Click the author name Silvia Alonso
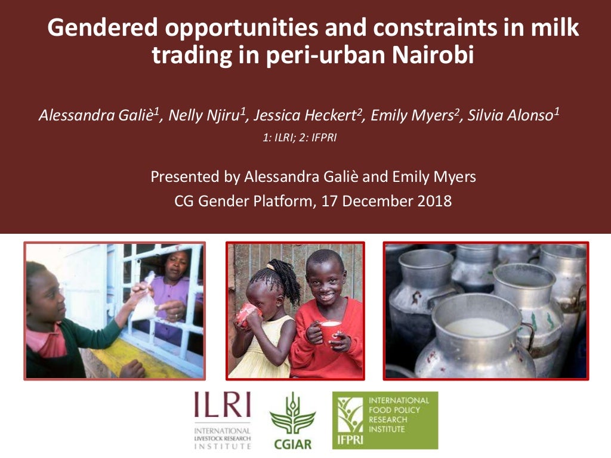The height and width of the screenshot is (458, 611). [x=513, y=116]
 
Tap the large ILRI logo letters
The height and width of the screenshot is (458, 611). [x=222, y=407]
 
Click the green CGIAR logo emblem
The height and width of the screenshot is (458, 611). [x=292, y=413]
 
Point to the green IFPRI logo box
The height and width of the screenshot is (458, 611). [x=385, y=420]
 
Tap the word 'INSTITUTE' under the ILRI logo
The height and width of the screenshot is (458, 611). [x=222, y=445]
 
